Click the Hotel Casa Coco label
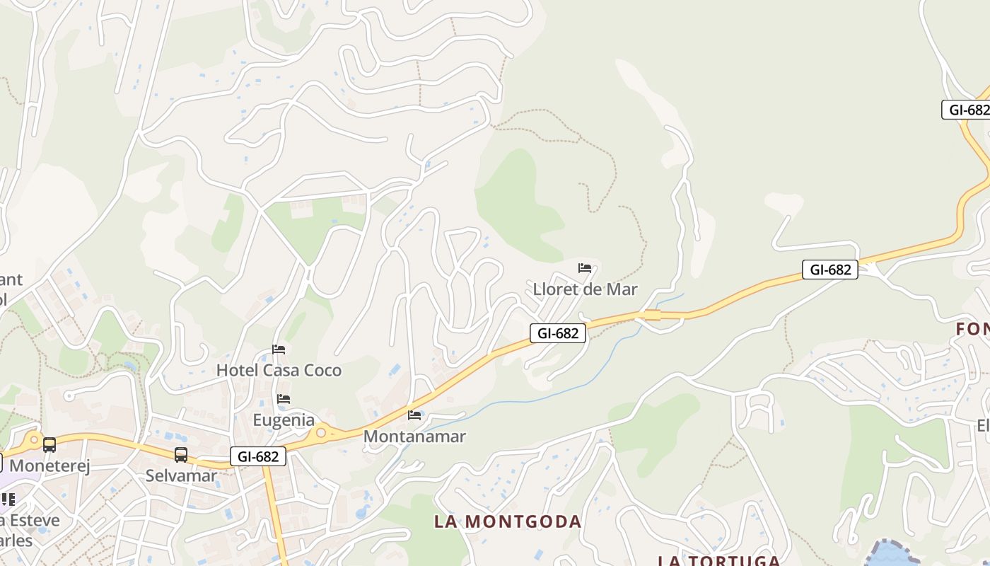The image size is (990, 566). pos(279,370)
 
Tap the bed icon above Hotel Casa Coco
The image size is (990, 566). pos(279,350)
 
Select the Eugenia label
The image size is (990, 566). pos(284,420)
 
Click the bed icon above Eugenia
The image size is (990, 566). pos(284,399)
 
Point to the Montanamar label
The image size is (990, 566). pos(414,436)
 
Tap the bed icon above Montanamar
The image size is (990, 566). pos(414,415)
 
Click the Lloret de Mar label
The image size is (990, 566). pos(585,289)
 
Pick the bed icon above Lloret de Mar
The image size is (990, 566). pos(585,268)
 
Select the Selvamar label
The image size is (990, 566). pos(181,475)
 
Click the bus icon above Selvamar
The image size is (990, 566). pos(181,455)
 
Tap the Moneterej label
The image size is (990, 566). pos(49,466)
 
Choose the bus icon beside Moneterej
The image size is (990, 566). pos(49,445)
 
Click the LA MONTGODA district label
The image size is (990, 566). pos(507,521)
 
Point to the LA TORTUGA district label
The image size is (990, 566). pos(719,560)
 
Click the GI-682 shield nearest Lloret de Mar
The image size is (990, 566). pos(558,333)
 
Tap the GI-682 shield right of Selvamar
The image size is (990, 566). pos(258,456)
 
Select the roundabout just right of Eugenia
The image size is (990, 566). pos(322,431)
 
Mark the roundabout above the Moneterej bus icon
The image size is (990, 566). pos(32,439)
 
